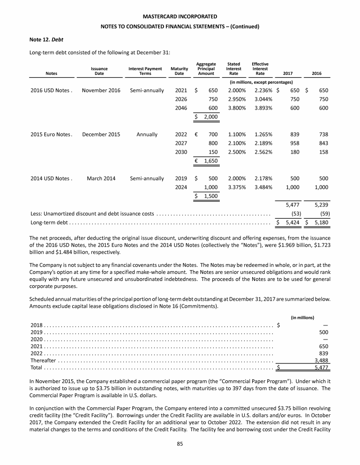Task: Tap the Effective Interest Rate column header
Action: [260, 68]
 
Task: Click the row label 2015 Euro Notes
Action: [50, 134]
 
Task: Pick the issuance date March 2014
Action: [99, 178]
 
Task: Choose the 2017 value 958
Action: [294, 143]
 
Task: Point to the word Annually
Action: [147, 134]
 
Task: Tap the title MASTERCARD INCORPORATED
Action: [180, 17]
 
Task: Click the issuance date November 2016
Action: [101, 90]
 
